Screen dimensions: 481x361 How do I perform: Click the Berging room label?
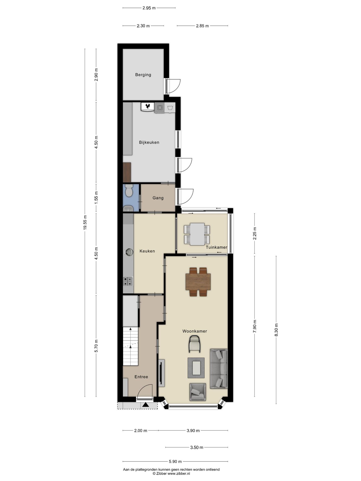(143, 75)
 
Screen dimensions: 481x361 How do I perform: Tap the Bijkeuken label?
(149, 142)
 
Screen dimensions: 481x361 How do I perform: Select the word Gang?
(158, 198)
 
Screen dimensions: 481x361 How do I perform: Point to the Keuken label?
(147, 251)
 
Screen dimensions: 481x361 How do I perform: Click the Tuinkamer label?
(216, 247)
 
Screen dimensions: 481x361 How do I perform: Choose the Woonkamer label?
(195, 331)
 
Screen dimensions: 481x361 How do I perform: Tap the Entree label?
(141, 377)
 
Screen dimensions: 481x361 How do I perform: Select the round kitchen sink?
(129, 252)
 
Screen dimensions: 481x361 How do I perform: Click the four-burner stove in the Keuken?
(128, 281)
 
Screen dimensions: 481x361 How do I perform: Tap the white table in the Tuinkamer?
(197, 234)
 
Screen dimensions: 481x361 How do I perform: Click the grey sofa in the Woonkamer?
(219, 369)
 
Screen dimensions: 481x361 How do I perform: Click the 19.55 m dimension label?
(85, 222)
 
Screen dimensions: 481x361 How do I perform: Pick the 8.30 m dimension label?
(276, 330)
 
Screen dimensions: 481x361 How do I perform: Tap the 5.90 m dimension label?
(175, 461)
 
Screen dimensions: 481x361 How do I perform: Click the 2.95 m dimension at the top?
(149, 8)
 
